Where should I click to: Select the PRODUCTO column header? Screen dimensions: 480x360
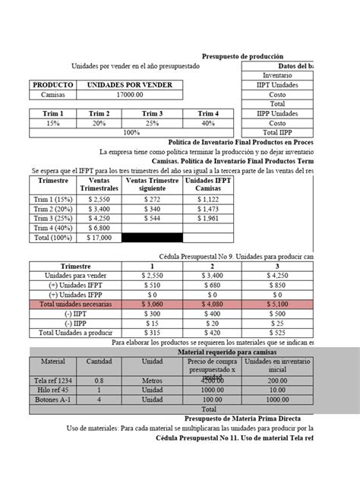[x=52, y=85]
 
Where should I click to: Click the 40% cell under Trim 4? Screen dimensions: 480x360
[x=207, y=122]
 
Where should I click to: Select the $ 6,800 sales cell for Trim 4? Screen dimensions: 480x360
[x=99, y=227]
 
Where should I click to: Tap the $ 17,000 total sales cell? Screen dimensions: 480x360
[x=99, y=238]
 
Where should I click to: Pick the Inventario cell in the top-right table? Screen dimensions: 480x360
[x=276, y=76]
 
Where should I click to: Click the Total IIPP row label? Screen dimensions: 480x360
[x=278, y=132]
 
